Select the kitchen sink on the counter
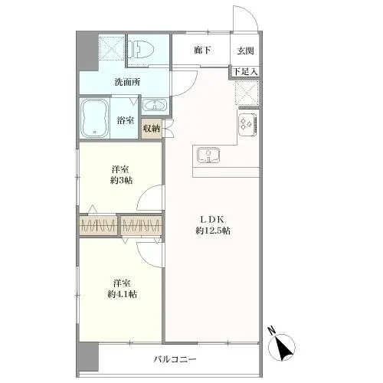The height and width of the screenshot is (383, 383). (208, 155)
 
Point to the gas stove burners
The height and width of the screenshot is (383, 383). (249, 124)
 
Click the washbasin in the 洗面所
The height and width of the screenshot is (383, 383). (155, 106)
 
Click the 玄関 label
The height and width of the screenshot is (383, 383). (246, 51)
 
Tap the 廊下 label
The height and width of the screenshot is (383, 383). (202, 51)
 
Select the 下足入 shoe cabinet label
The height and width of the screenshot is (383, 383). (245, 72)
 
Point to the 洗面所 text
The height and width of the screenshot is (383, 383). (126, 81)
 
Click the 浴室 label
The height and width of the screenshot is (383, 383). (126, 120)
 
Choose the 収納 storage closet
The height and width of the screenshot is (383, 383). (152, 128)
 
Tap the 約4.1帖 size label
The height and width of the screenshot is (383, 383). (121, 294)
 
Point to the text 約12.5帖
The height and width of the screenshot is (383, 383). (212, 231)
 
